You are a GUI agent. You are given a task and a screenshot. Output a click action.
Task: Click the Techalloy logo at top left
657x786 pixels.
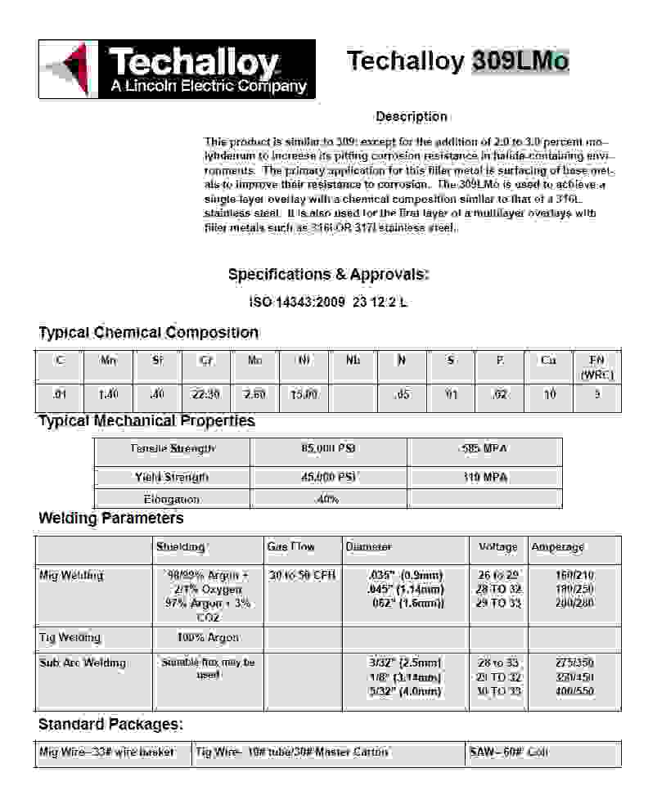(x=177, y=70)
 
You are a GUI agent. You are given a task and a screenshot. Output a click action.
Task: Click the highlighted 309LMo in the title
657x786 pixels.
(x=520, y=61)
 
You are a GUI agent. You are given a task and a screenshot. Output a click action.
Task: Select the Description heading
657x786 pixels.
(x=412, y=117)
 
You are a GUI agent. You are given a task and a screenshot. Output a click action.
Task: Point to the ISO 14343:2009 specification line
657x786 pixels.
(x=328, y=303)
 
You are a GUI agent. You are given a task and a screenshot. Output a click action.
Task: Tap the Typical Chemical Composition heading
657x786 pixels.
(x=149, y=333)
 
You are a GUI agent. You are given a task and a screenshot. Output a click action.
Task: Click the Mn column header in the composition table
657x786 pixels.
(x=108, y=360)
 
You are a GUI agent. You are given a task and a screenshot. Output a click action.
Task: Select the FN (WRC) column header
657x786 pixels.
(x=596, y=367)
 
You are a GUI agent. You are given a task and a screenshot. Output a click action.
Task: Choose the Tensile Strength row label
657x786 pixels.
(x=173, y=449)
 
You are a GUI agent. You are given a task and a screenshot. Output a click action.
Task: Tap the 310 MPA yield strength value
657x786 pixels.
(x=484, y=477)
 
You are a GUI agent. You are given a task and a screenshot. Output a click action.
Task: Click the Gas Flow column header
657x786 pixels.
(x=290, y=546)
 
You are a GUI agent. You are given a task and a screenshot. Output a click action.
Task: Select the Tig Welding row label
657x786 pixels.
(x=70, y=637)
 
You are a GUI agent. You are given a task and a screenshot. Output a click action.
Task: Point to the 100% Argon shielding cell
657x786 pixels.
(x=208, y=637)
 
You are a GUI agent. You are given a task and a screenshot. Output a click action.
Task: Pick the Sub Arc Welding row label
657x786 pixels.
(x=83, y=662)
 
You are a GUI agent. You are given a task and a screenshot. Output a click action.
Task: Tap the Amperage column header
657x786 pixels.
(x=558, y=546)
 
